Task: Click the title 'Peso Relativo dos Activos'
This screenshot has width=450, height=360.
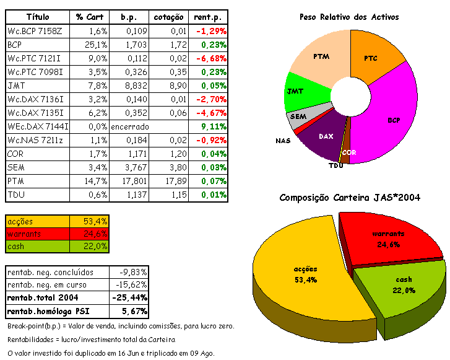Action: point(348,17)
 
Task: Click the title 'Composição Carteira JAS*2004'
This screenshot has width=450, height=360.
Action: point(350,198)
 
